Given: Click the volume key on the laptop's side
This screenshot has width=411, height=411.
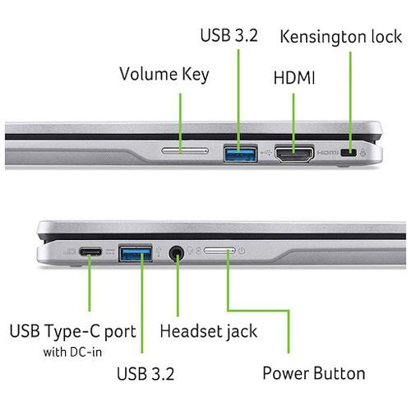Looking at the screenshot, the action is [185, 150].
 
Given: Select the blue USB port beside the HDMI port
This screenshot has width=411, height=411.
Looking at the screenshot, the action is [241, 154].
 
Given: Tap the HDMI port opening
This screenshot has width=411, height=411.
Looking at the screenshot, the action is [294, 154].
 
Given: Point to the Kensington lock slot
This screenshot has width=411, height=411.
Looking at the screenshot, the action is [349, 152].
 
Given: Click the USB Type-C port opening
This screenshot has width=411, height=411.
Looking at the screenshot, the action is [90, 252].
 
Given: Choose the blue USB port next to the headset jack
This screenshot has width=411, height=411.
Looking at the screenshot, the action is [136, 254].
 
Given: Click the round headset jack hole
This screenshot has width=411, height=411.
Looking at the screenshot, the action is [177, 253].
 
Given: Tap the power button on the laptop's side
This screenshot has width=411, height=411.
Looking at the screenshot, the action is [219, 251].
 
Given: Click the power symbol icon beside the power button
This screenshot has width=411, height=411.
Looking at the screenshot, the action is [242, 251].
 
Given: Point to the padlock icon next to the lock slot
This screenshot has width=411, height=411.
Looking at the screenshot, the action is [363, 152].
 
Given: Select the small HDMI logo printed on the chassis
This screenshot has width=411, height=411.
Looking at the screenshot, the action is [328, 152].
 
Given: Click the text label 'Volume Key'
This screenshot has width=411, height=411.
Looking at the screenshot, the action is [164, 75].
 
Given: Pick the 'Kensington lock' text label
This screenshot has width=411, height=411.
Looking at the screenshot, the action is [341, 36].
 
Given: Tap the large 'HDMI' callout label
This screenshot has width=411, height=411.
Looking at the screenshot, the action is [294, 78].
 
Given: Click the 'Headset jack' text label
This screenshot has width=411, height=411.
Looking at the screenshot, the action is [209, 331].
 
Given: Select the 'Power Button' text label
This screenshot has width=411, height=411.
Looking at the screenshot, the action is [314, 373].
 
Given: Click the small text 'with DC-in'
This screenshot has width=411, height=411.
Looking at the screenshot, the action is [72, 352].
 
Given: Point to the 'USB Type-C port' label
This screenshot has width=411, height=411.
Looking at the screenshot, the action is [73, 331].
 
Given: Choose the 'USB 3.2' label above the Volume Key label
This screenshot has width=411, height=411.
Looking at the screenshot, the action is [229, 35].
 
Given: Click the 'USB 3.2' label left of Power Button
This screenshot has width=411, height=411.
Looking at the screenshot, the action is [145, 373].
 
